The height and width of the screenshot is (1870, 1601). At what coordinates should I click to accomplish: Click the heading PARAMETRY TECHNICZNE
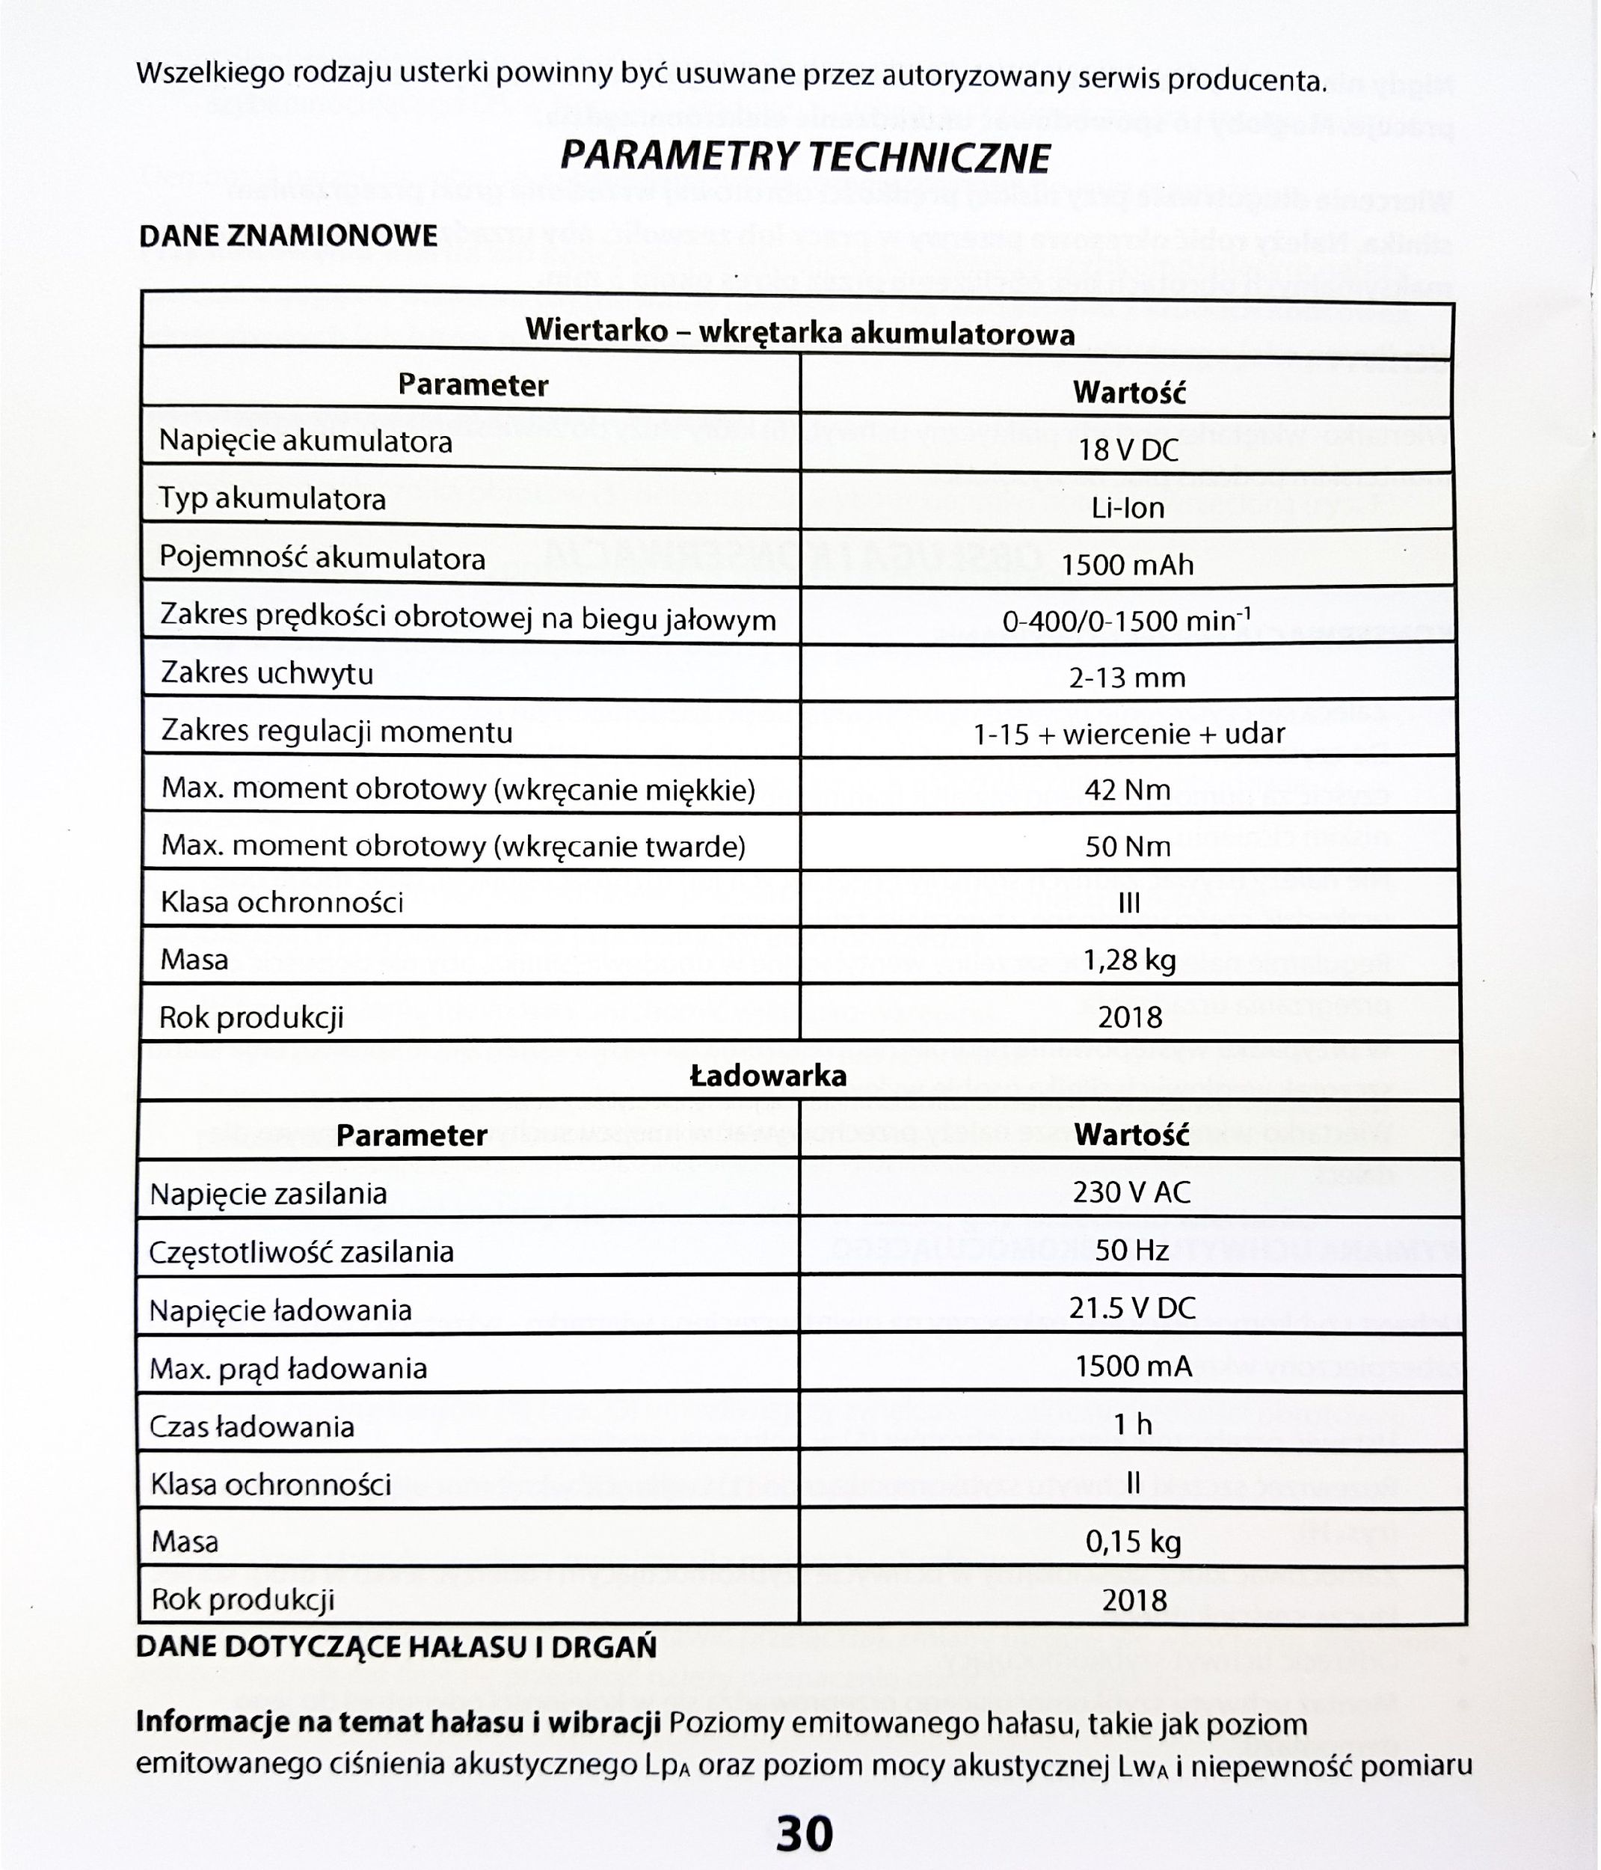[805, 158]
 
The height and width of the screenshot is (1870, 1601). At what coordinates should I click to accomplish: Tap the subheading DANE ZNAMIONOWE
[288, 236]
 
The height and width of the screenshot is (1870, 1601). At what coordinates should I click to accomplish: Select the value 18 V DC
[1129, 450]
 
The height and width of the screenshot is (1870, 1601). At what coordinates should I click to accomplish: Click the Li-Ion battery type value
[1128, 508]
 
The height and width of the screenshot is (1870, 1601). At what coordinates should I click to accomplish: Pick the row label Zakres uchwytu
[267, 673]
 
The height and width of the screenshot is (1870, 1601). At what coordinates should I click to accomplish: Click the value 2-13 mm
[1128, 678]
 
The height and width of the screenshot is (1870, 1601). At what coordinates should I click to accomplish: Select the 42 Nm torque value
[1128, 791]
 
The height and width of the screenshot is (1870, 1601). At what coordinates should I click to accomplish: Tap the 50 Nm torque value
[1128, 847]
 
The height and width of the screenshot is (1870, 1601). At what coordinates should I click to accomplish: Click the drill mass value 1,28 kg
[1130, 960]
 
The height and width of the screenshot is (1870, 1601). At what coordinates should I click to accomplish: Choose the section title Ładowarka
[768, 1076]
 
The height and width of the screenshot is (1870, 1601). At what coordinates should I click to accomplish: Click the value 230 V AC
[1131, 1193]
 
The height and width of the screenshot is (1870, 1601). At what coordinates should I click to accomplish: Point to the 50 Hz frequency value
[1131, 1250]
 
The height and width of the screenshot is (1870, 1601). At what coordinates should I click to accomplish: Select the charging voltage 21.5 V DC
[1131, 1308]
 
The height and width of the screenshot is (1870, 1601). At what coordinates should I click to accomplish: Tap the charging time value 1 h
[1134, 1424]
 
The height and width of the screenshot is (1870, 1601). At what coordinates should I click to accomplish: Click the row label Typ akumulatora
[272, 499]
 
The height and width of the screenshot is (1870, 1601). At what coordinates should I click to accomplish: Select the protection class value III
[1129, 904]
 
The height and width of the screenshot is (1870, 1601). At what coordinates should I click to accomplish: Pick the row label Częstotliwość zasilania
[301, 1252]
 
